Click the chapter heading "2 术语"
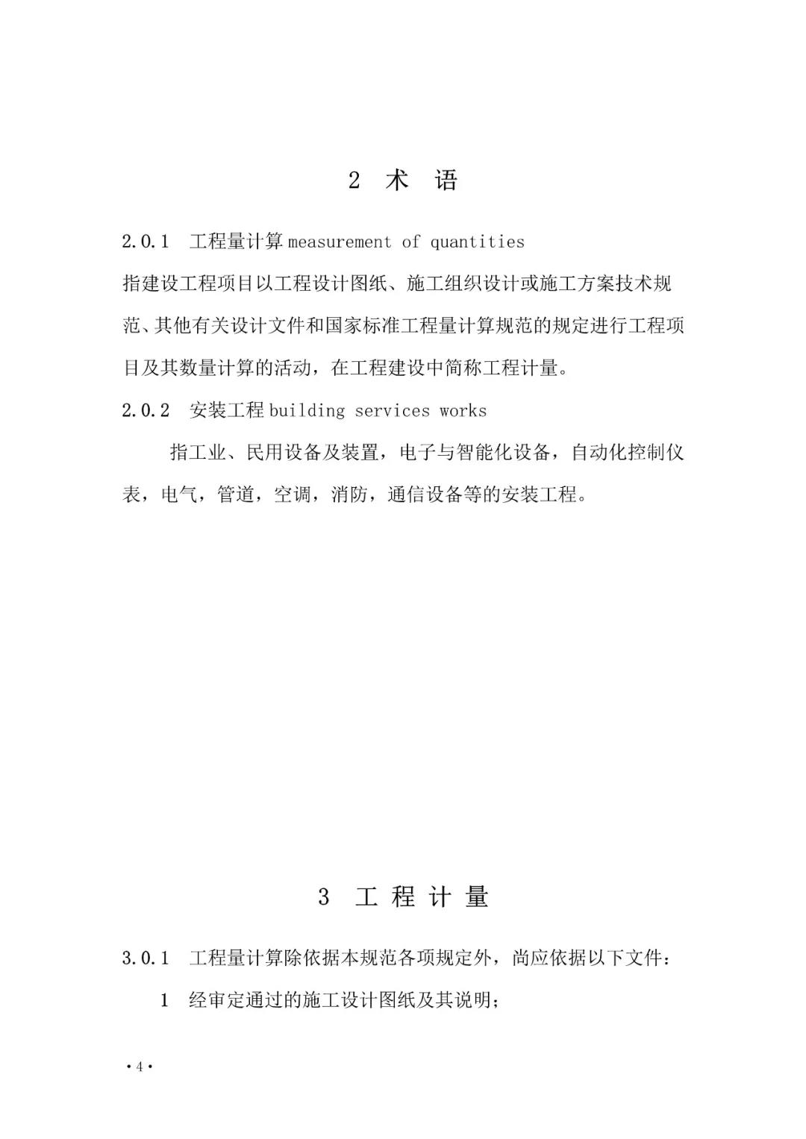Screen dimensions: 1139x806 [403, 181]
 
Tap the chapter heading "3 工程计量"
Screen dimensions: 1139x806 [403, 897]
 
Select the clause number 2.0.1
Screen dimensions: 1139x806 [146, 242]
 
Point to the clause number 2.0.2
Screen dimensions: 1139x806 [146, 410]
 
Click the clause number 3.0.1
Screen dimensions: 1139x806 [146, 958]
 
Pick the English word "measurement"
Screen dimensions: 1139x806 [340, 242]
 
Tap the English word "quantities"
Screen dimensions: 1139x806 [478, 242]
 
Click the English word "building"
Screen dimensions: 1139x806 [307, 410]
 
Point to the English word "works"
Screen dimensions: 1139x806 [463, 410]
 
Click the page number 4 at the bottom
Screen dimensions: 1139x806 [139, 1067]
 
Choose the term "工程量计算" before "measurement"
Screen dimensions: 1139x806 [236, 242]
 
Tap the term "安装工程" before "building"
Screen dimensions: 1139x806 [227, 410]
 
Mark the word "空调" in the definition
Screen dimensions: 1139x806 [293, 495]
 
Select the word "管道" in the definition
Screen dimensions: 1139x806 [236, 495]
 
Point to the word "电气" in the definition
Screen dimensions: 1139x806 [180, 495]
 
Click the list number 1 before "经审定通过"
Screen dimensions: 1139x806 [165, 1000]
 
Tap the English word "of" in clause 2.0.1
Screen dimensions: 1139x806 [410, 242]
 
